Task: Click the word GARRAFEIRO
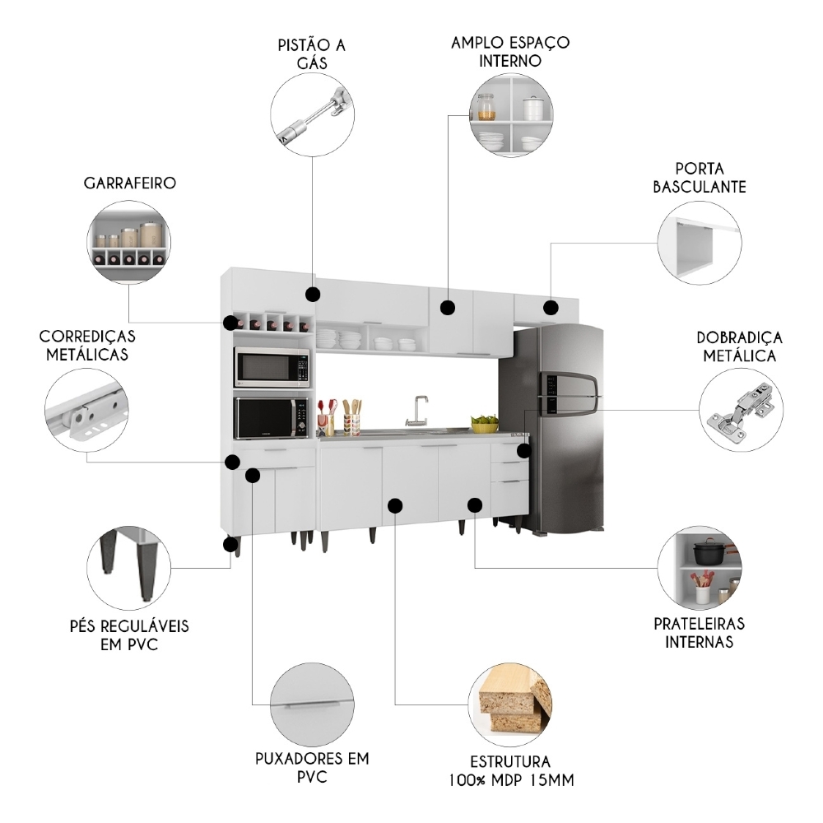130,184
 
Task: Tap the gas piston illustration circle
312,115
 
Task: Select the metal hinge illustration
742,409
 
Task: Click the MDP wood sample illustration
510,704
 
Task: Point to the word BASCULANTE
699,187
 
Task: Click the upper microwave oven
272,367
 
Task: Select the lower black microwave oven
272,418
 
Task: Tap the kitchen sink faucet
418,411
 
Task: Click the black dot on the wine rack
230,323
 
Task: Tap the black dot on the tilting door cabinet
551,307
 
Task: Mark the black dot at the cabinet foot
230,544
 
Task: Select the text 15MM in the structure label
553,780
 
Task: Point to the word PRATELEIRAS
699,624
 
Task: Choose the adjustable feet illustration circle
128,569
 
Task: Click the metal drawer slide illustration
86,410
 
